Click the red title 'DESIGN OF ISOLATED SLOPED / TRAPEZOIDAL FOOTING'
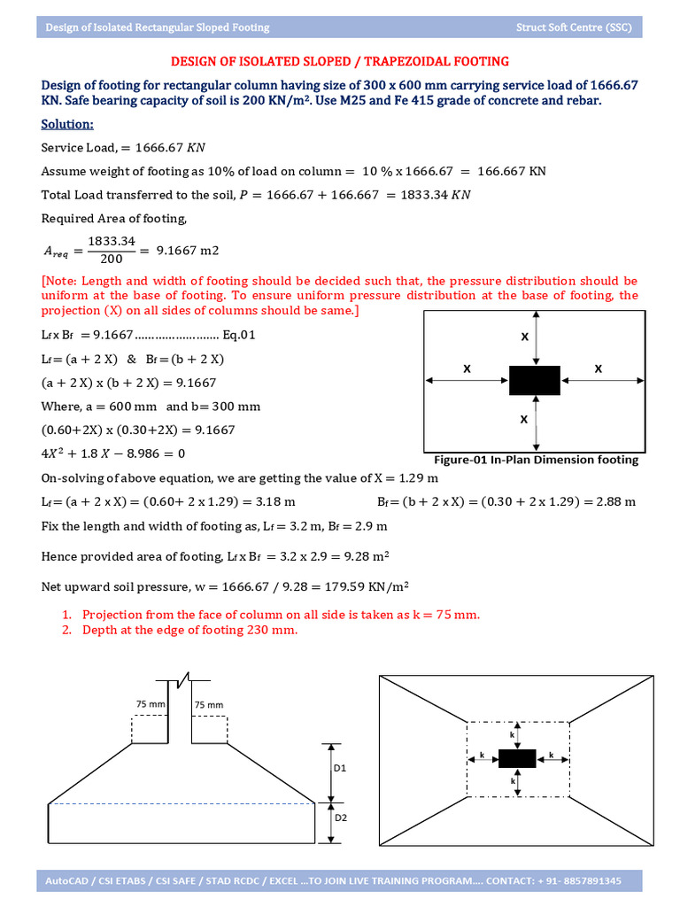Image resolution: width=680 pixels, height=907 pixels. [x=339, y=61]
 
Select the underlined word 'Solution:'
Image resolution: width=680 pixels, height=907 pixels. [x=67, y=124]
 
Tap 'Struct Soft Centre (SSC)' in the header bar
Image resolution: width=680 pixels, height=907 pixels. [x=574, y=27]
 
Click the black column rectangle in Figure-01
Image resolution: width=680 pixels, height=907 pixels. [x=534, y=380]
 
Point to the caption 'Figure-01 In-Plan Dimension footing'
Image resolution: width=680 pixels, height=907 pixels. [x=536, y=460]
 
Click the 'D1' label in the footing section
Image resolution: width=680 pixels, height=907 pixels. [x=340, y=769]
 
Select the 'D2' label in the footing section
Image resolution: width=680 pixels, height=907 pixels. [x=340, y=818]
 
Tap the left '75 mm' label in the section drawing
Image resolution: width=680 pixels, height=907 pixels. [x=151, y=702]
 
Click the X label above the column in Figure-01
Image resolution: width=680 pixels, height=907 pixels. [x=524, y=337]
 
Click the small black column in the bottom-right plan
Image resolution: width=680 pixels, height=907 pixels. [x=517, y=758]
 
